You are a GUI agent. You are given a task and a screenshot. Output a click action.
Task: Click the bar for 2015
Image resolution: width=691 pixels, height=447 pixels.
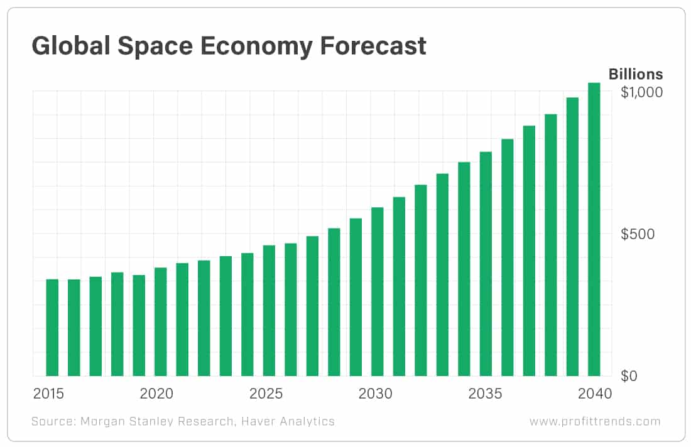[52, 327]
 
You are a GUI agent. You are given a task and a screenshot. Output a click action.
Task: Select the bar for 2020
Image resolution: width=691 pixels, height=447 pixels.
[161, 321]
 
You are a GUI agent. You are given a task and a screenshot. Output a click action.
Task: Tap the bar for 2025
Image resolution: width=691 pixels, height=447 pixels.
[269, 310]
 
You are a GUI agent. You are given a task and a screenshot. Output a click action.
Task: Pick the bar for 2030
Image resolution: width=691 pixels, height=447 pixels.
[378, 291]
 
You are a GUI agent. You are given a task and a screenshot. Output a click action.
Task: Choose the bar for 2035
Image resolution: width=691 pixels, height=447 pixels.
[486, 264]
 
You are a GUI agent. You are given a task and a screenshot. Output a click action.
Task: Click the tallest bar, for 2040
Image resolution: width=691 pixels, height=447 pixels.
[594, 229]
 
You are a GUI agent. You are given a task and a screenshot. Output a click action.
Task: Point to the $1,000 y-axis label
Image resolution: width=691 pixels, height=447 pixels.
[641, 92]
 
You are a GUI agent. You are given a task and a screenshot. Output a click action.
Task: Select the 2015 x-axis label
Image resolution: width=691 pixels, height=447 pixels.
[48, 394]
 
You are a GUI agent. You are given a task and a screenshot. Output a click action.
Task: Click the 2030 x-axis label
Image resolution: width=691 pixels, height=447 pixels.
[376, 394]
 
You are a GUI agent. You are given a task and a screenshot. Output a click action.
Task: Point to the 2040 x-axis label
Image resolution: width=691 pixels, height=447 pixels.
[594, 394]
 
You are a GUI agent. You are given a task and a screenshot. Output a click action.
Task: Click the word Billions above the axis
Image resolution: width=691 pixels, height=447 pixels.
[635, 74]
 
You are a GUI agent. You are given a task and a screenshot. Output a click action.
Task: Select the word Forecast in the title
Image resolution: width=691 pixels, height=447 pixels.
[370, 46]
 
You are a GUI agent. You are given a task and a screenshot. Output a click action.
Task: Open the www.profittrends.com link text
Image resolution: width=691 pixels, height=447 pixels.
[595, 421]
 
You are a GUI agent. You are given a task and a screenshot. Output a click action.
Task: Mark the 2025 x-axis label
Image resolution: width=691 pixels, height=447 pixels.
[266, 394]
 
